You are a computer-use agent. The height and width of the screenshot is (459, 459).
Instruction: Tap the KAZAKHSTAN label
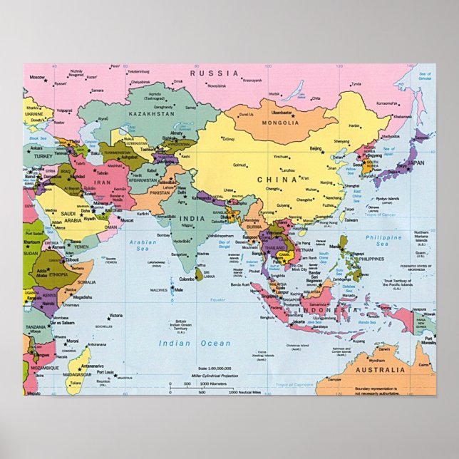pos(151,113)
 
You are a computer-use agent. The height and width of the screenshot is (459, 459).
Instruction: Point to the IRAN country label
pos(100,184)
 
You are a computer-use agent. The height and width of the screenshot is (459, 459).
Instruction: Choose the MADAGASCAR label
pos(77,374)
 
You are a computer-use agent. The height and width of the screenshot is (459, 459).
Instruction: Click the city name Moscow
pos(37,76)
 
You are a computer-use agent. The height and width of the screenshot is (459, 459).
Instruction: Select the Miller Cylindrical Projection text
pos(215,374)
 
